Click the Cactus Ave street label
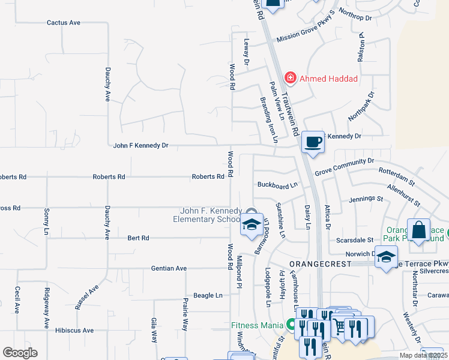pyautogui.click(x=64, y=23)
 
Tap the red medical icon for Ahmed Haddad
pyautogui.click(x=291, y=78)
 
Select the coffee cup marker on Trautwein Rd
pyautogui.click(x=312, y=142)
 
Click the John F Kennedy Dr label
pyautogui.click(x=141, y=145)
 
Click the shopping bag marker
pyautogui.click(x=418, y=230)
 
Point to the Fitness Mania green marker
pyautogui.click(x=292, y=325)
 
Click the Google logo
pyautogui.click(x=20, y=353)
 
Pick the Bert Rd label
pyautogui.click(x=138, y=238)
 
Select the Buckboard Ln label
pyautogui.click(x=277, y=185)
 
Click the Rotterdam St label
pyautogui.click(x=397, y=175)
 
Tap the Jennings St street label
pyautogui.click(x=366, y=198)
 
